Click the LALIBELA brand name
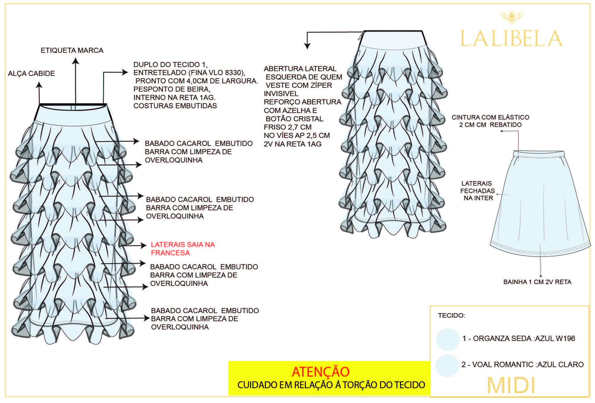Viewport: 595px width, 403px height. pos(511,39)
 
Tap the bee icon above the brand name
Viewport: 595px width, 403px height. pos(511,17)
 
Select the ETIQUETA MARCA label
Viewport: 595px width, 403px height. pos(72,50)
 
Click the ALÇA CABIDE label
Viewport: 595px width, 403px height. pos(31,74)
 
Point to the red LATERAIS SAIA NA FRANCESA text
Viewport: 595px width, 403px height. pos(183,249)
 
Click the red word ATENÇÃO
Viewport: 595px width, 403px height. pos(321,372)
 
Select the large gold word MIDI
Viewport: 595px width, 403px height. pos(511,385)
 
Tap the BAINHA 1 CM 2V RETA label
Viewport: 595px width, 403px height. pos(537,282)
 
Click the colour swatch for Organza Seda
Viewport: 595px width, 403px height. pos(447,339)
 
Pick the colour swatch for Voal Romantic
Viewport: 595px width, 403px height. pos(447,365)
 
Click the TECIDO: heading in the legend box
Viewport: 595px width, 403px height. pos(451,316)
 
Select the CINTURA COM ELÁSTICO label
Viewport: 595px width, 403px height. pos(490,117)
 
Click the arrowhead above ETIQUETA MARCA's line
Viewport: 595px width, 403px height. pos(76,61)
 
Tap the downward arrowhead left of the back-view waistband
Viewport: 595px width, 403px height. pos(307,46)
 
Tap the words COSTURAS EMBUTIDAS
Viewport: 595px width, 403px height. pos(175,106)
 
